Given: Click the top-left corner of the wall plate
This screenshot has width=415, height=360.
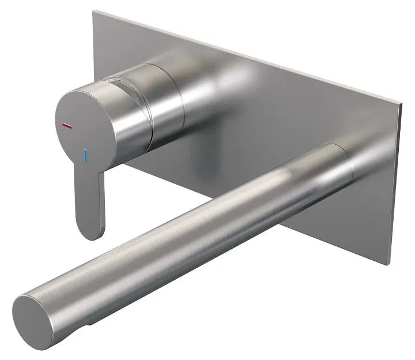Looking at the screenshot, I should (x=93, y=10).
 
